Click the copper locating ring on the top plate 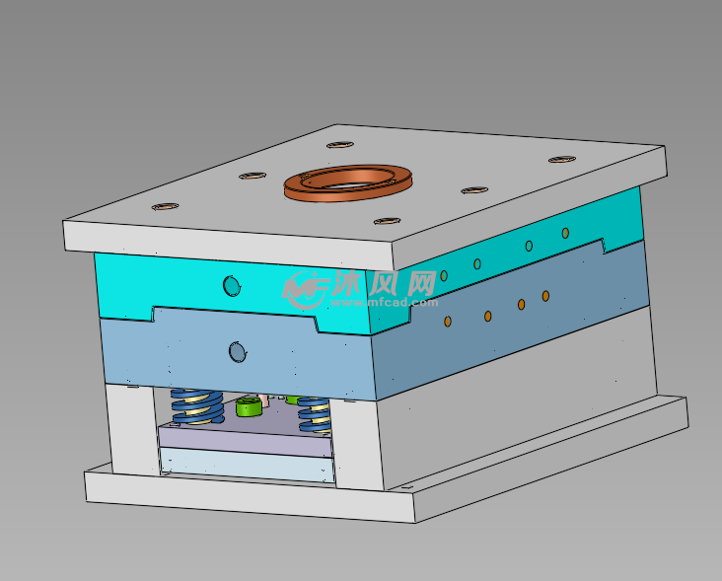click(346, 183)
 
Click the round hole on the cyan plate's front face click(232, 286)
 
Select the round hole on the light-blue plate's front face click(237, 351)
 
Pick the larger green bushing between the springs click(248, 406)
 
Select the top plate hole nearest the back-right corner click(561, 159)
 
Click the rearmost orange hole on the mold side click(545, 296)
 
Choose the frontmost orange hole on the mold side click(448, 322)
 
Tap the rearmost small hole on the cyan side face click(565, 233)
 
